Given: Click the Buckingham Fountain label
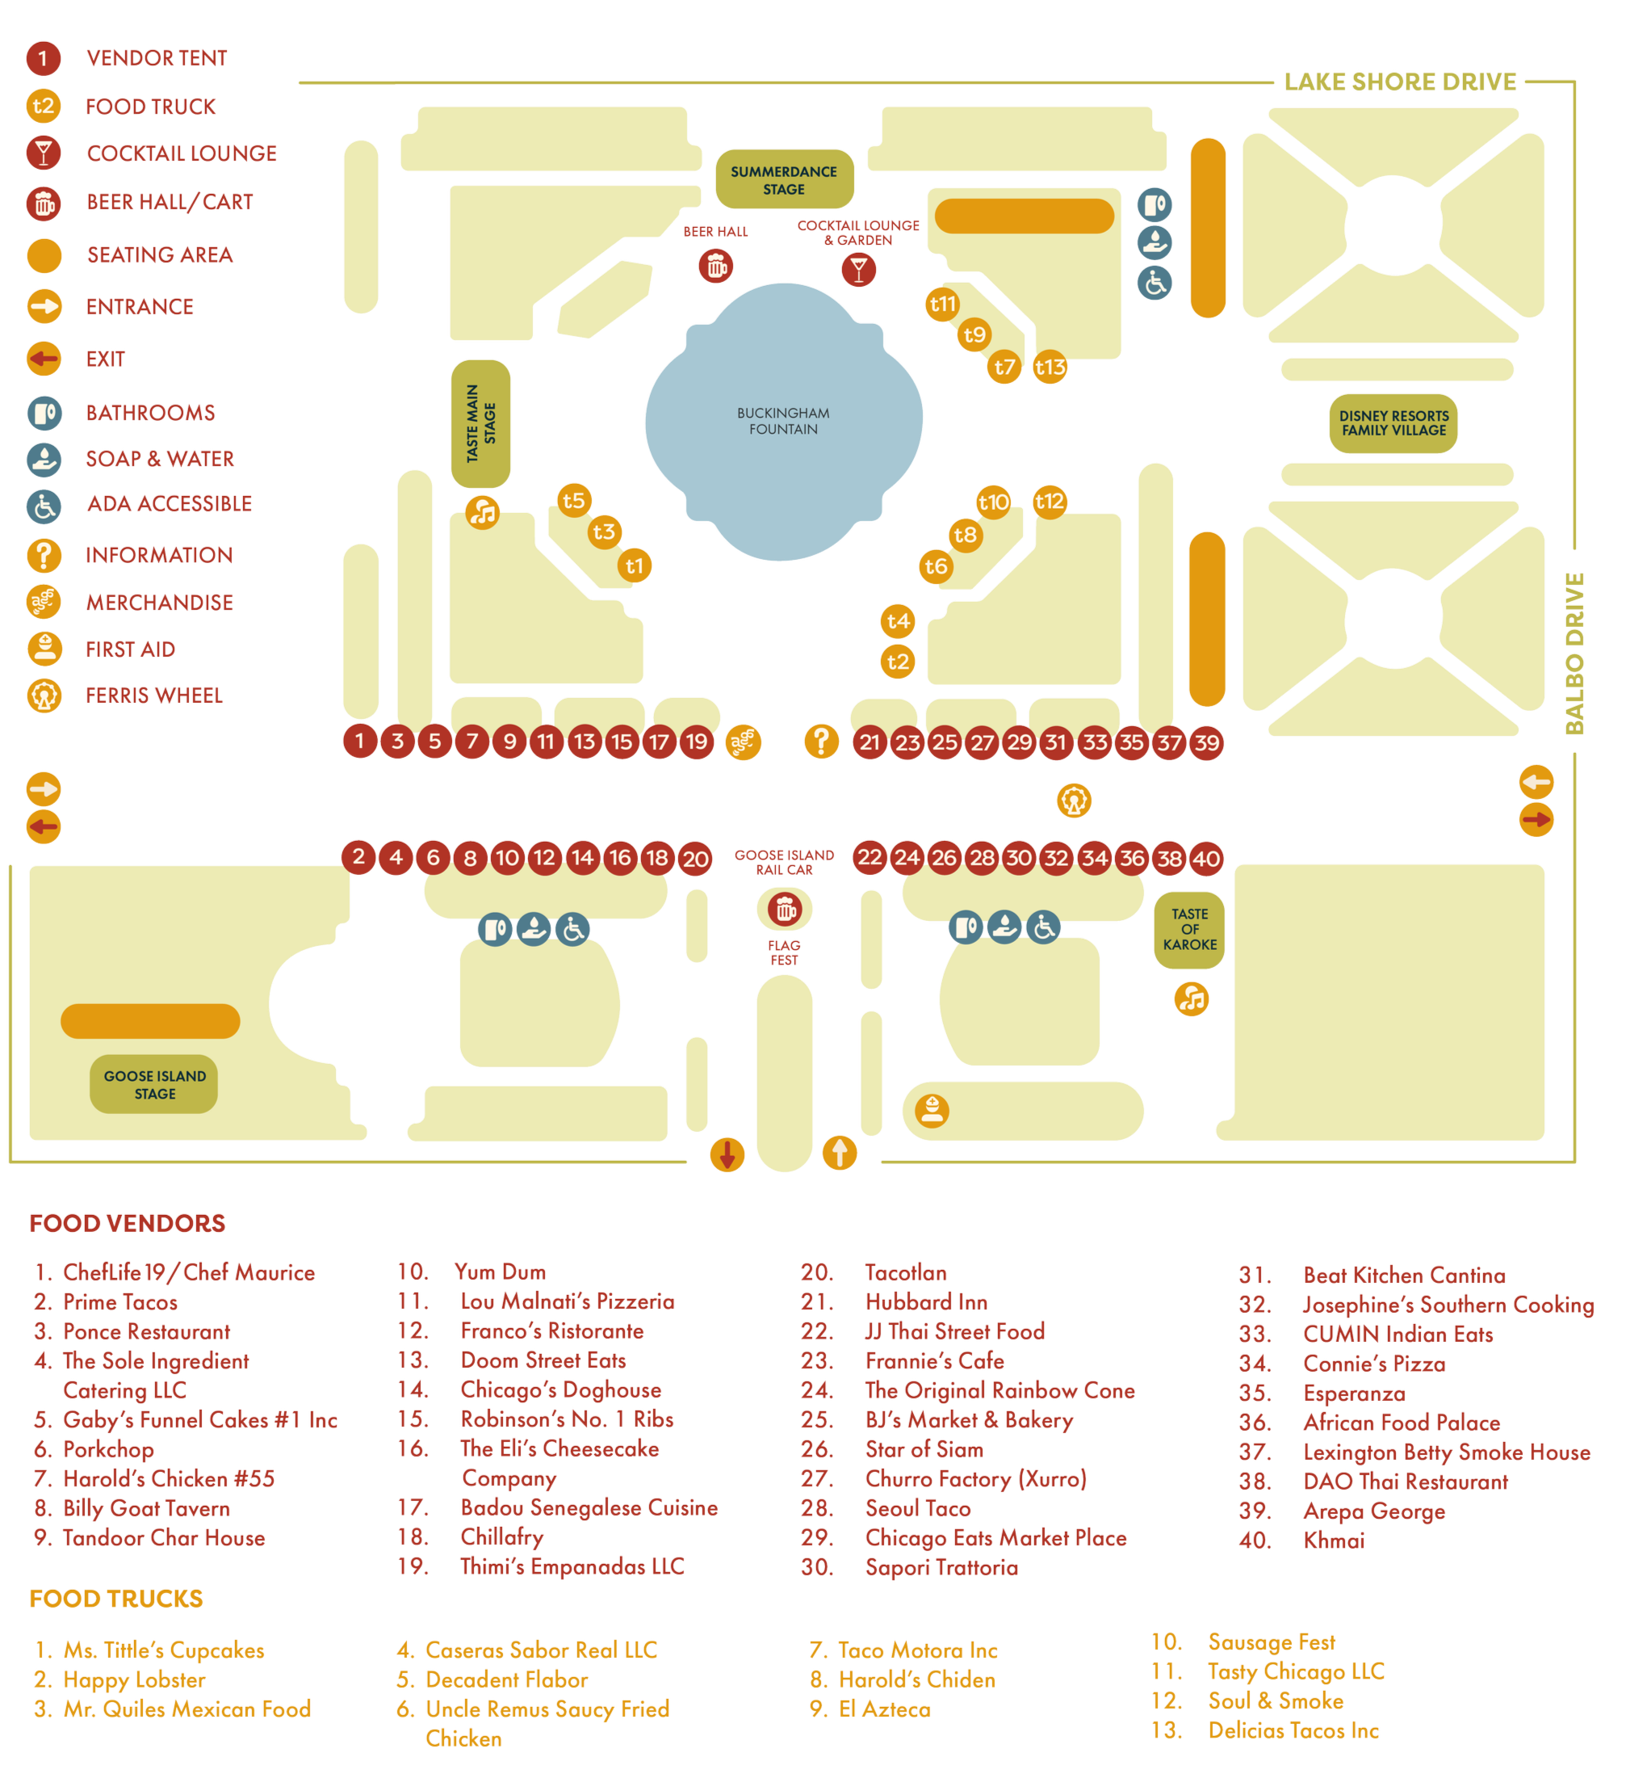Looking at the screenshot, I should point(783,421).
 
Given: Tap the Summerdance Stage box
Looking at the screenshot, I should point(784,180).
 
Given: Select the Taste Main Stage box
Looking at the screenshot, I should point(481,424).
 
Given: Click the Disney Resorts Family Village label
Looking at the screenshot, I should point(1393,423).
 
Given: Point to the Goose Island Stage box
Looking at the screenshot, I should point(154,1085).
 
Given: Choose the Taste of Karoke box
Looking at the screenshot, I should point(1190,929).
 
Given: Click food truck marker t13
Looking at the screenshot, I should point(1050,367).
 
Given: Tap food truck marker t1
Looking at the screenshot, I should point(634,566).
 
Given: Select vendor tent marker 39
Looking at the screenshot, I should point(1206,742).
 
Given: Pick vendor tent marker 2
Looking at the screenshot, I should point(358,857).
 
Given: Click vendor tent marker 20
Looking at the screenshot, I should point(695,859).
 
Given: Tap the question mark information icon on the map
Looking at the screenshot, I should point(821,740).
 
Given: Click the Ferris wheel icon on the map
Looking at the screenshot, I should point(1075,801).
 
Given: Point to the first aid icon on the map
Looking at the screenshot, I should point(932,1111).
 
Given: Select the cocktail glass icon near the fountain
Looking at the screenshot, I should point(859,269).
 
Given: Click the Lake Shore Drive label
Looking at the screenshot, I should point(1400,82).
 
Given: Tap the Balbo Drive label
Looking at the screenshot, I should point(1574,653).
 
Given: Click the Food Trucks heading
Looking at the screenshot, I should point(116,1599).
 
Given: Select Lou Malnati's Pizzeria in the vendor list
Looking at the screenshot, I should point(568,1301).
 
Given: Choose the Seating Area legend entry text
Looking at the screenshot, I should point(160,254).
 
